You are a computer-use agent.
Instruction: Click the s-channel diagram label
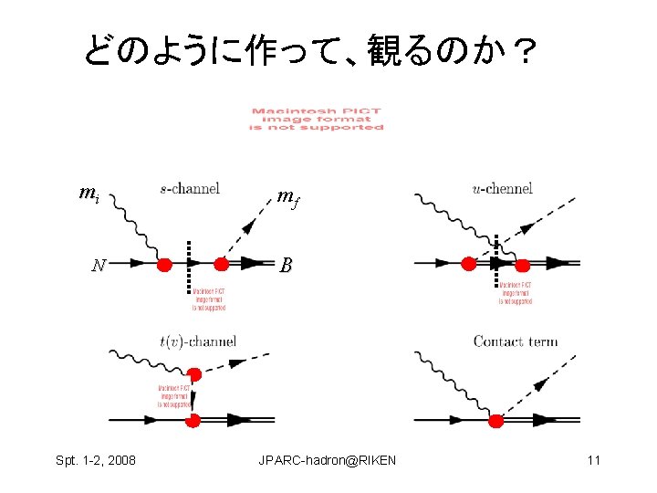pos(190,189)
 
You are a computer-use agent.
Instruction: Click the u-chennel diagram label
pos(502,189)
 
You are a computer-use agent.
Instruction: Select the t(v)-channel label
pos(197,341)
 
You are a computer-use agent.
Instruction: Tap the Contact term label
pos(516,341)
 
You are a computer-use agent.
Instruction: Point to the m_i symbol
pos(89,194)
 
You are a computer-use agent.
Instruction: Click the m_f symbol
pos(287,196)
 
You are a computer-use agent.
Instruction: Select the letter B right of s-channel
pos(286,266)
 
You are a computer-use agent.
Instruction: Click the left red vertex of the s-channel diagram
pos(164,265)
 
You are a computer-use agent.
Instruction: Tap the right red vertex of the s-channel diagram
pos(221,265)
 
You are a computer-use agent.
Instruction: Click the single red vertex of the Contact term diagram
pos(496,421)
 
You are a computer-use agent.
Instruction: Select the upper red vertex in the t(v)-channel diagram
pos(193,374)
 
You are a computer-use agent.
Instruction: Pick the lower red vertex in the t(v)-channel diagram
pos(193,421)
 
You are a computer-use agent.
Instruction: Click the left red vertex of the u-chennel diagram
pos(468,264)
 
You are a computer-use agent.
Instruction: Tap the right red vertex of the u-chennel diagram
pos(523,265)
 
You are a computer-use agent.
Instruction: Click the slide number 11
pos(593,460)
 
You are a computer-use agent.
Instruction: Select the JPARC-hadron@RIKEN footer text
pos(328,460)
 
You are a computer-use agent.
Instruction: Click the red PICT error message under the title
pos(317,120)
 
